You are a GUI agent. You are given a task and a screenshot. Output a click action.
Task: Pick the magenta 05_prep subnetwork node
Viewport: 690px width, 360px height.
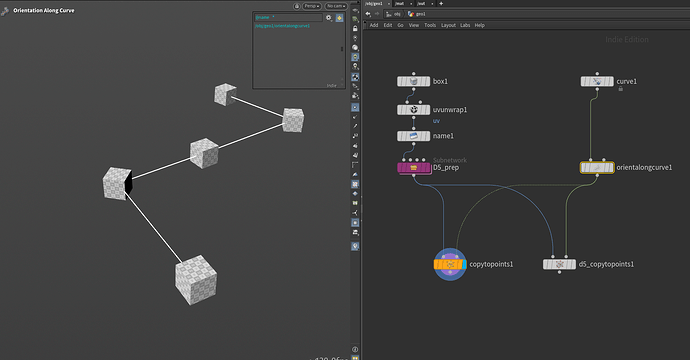pyautogui.click(x=413, y=168)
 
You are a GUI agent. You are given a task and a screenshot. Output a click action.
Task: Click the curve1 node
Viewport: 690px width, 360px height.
pyautogui.click(x=597, y=81)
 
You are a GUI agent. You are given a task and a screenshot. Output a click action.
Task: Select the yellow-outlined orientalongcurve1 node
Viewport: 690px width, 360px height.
pyautogui.click(x=597, y=168)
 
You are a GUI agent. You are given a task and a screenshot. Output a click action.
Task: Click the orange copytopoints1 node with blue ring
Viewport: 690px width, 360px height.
pyautogui.click(x=449, y=264)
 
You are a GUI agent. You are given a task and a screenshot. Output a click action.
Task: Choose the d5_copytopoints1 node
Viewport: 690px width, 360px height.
pyautogui.click(x=559, y=264)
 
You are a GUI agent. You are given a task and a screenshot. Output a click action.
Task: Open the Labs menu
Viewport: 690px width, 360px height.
pyautogui.click(x=464, y=25)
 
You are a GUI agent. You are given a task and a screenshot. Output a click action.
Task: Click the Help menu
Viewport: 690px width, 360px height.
pyautogui.click(x=480, y=25)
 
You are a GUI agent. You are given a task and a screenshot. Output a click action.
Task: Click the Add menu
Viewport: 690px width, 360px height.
pyautogui.click(x=374, y=25)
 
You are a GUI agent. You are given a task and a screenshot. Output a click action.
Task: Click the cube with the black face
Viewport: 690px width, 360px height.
pyautogui.click(x=119, y=183)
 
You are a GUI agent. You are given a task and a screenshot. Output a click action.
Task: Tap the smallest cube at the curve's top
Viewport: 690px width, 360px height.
pyautogui.click(x=225, y=95)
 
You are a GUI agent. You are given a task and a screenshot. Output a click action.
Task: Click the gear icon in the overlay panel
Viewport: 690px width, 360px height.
pyautogui.click(x=328, y=17)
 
